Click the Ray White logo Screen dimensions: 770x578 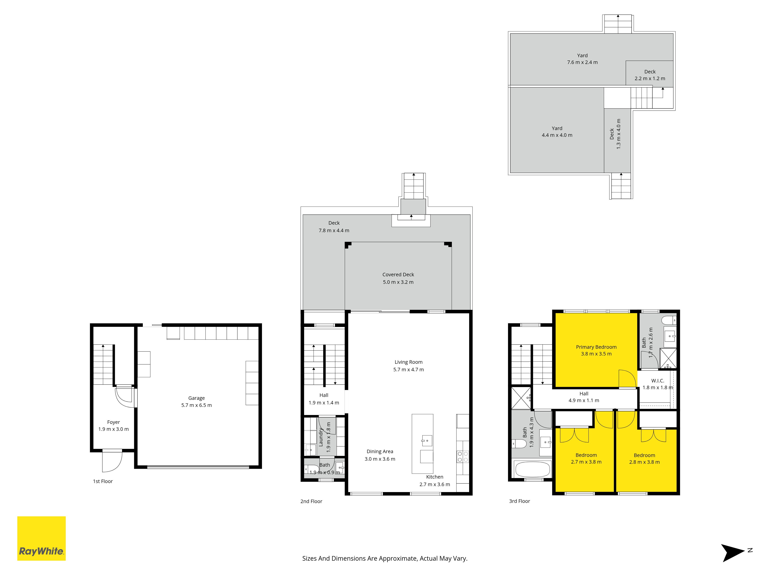pos(41,538)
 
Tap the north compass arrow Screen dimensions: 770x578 pos(733,553)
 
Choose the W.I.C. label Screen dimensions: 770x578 pos(658,381)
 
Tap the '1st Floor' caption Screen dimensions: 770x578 pos(103,481)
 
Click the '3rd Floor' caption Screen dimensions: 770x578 pos(519,501)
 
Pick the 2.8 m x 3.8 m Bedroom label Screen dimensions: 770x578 pos(644,459)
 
